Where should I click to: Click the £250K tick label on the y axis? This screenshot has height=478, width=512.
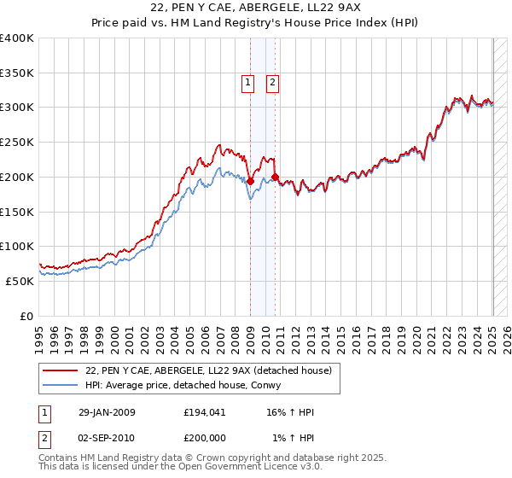pos(18,143)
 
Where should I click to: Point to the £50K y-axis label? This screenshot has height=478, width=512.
pos(20,281)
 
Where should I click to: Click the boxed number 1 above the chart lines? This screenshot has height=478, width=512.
pos(247,83)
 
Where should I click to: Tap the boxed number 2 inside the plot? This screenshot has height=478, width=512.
pos(272,83)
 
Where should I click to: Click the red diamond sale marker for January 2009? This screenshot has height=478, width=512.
pos(250,181)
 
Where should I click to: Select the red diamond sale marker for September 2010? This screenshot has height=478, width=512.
pos(275,177)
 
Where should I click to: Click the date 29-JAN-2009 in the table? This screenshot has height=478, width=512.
pos(107,413)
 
